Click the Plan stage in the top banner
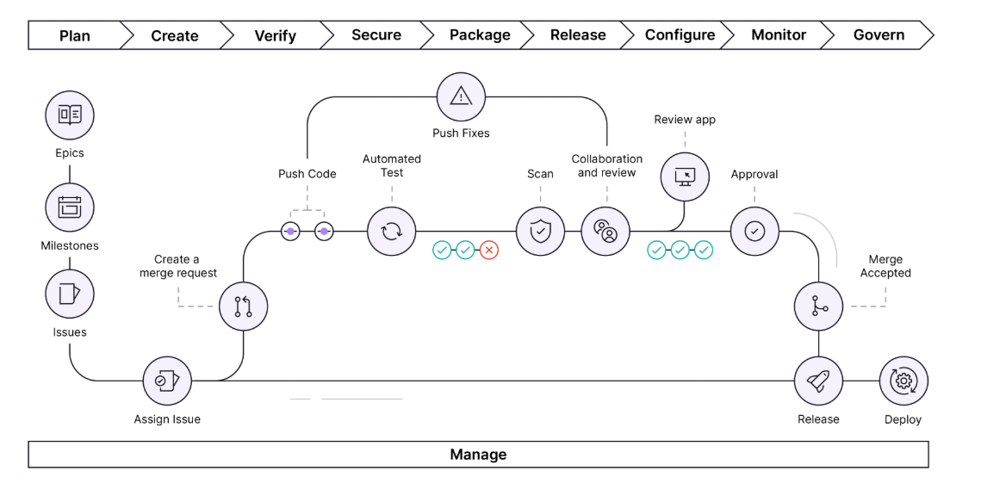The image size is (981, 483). [75, 35]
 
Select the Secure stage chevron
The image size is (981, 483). [376, 35]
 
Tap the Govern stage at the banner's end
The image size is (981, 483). [879, 35]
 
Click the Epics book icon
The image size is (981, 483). [70, 115]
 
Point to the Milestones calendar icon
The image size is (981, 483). [70, 207]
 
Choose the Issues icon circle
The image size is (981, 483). [70, 294]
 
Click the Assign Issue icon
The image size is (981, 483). [167, 381]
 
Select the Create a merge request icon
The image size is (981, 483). [243, 306]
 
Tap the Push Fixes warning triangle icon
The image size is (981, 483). [462, 96]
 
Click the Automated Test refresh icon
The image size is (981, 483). [392, 232]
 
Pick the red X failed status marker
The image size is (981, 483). [489, 251]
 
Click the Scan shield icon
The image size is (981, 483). [540, 232]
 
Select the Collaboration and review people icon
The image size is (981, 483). [605, 232]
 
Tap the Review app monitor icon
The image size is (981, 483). [685, 176]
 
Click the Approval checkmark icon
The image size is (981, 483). [754, 232]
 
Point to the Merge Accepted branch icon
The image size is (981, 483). [818, 307]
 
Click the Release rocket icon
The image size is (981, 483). [818, 381]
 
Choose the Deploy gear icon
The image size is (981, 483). [903, 381]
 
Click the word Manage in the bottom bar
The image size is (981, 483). [478, 455]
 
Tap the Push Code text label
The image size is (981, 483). [307, 174]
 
